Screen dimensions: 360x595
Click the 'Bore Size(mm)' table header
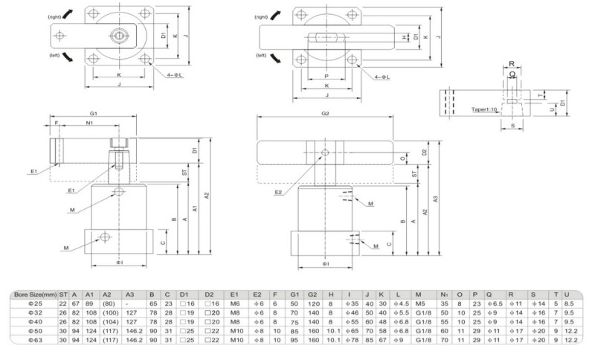(x=33, y=295)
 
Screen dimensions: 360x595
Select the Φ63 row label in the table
(x=33, y=339)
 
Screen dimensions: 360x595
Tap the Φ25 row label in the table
(x=33, y=303)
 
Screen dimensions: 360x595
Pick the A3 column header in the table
(x=131, y=295)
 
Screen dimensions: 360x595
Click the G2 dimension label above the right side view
(x=325, y=113)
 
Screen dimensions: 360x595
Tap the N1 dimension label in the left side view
(x=89, y=123)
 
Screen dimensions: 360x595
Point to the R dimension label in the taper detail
(x=512, y=65)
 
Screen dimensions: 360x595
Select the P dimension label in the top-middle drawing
(x=326, y=75)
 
